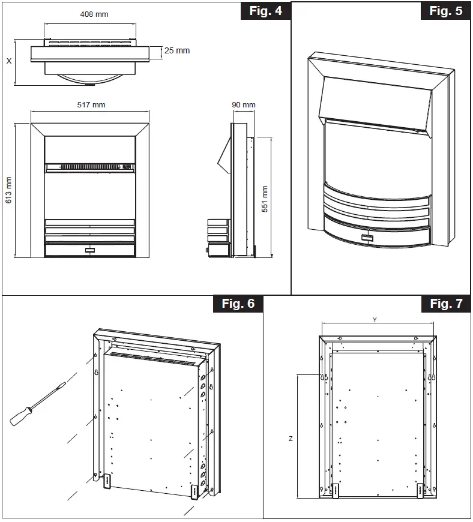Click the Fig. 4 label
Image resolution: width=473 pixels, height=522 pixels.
265,11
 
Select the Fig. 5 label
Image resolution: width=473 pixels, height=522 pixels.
446,11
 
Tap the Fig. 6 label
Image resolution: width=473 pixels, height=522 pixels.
238,304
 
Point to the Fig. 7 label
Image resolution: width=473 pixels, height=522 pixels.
446,304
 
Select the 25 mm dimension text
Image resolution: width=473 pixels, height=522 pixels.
176,51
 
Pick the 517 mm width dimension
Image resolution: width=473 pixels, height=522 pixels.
91,105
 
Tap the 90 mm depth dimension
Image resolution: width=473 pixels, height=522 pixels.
244,105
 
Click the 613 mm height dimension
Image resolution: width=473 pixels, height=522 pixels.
8,190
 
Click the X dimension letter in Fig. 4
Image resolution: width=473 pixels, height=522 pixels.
8,61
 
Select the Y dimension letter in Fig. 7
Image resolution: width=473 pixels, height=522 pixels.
375,320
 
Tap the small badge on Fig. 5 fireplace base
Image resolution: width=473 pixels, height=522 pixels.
367,238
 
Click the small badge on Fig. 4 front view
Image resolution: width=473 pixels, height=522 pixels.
90,247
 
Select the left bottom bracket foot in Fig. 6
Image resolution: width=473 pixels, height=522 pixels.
106,482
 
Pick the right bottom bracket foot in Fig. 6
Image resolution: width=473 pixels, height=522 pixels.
194,491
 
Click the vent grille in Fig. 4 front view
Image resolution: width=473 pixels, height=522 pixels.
90,167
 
